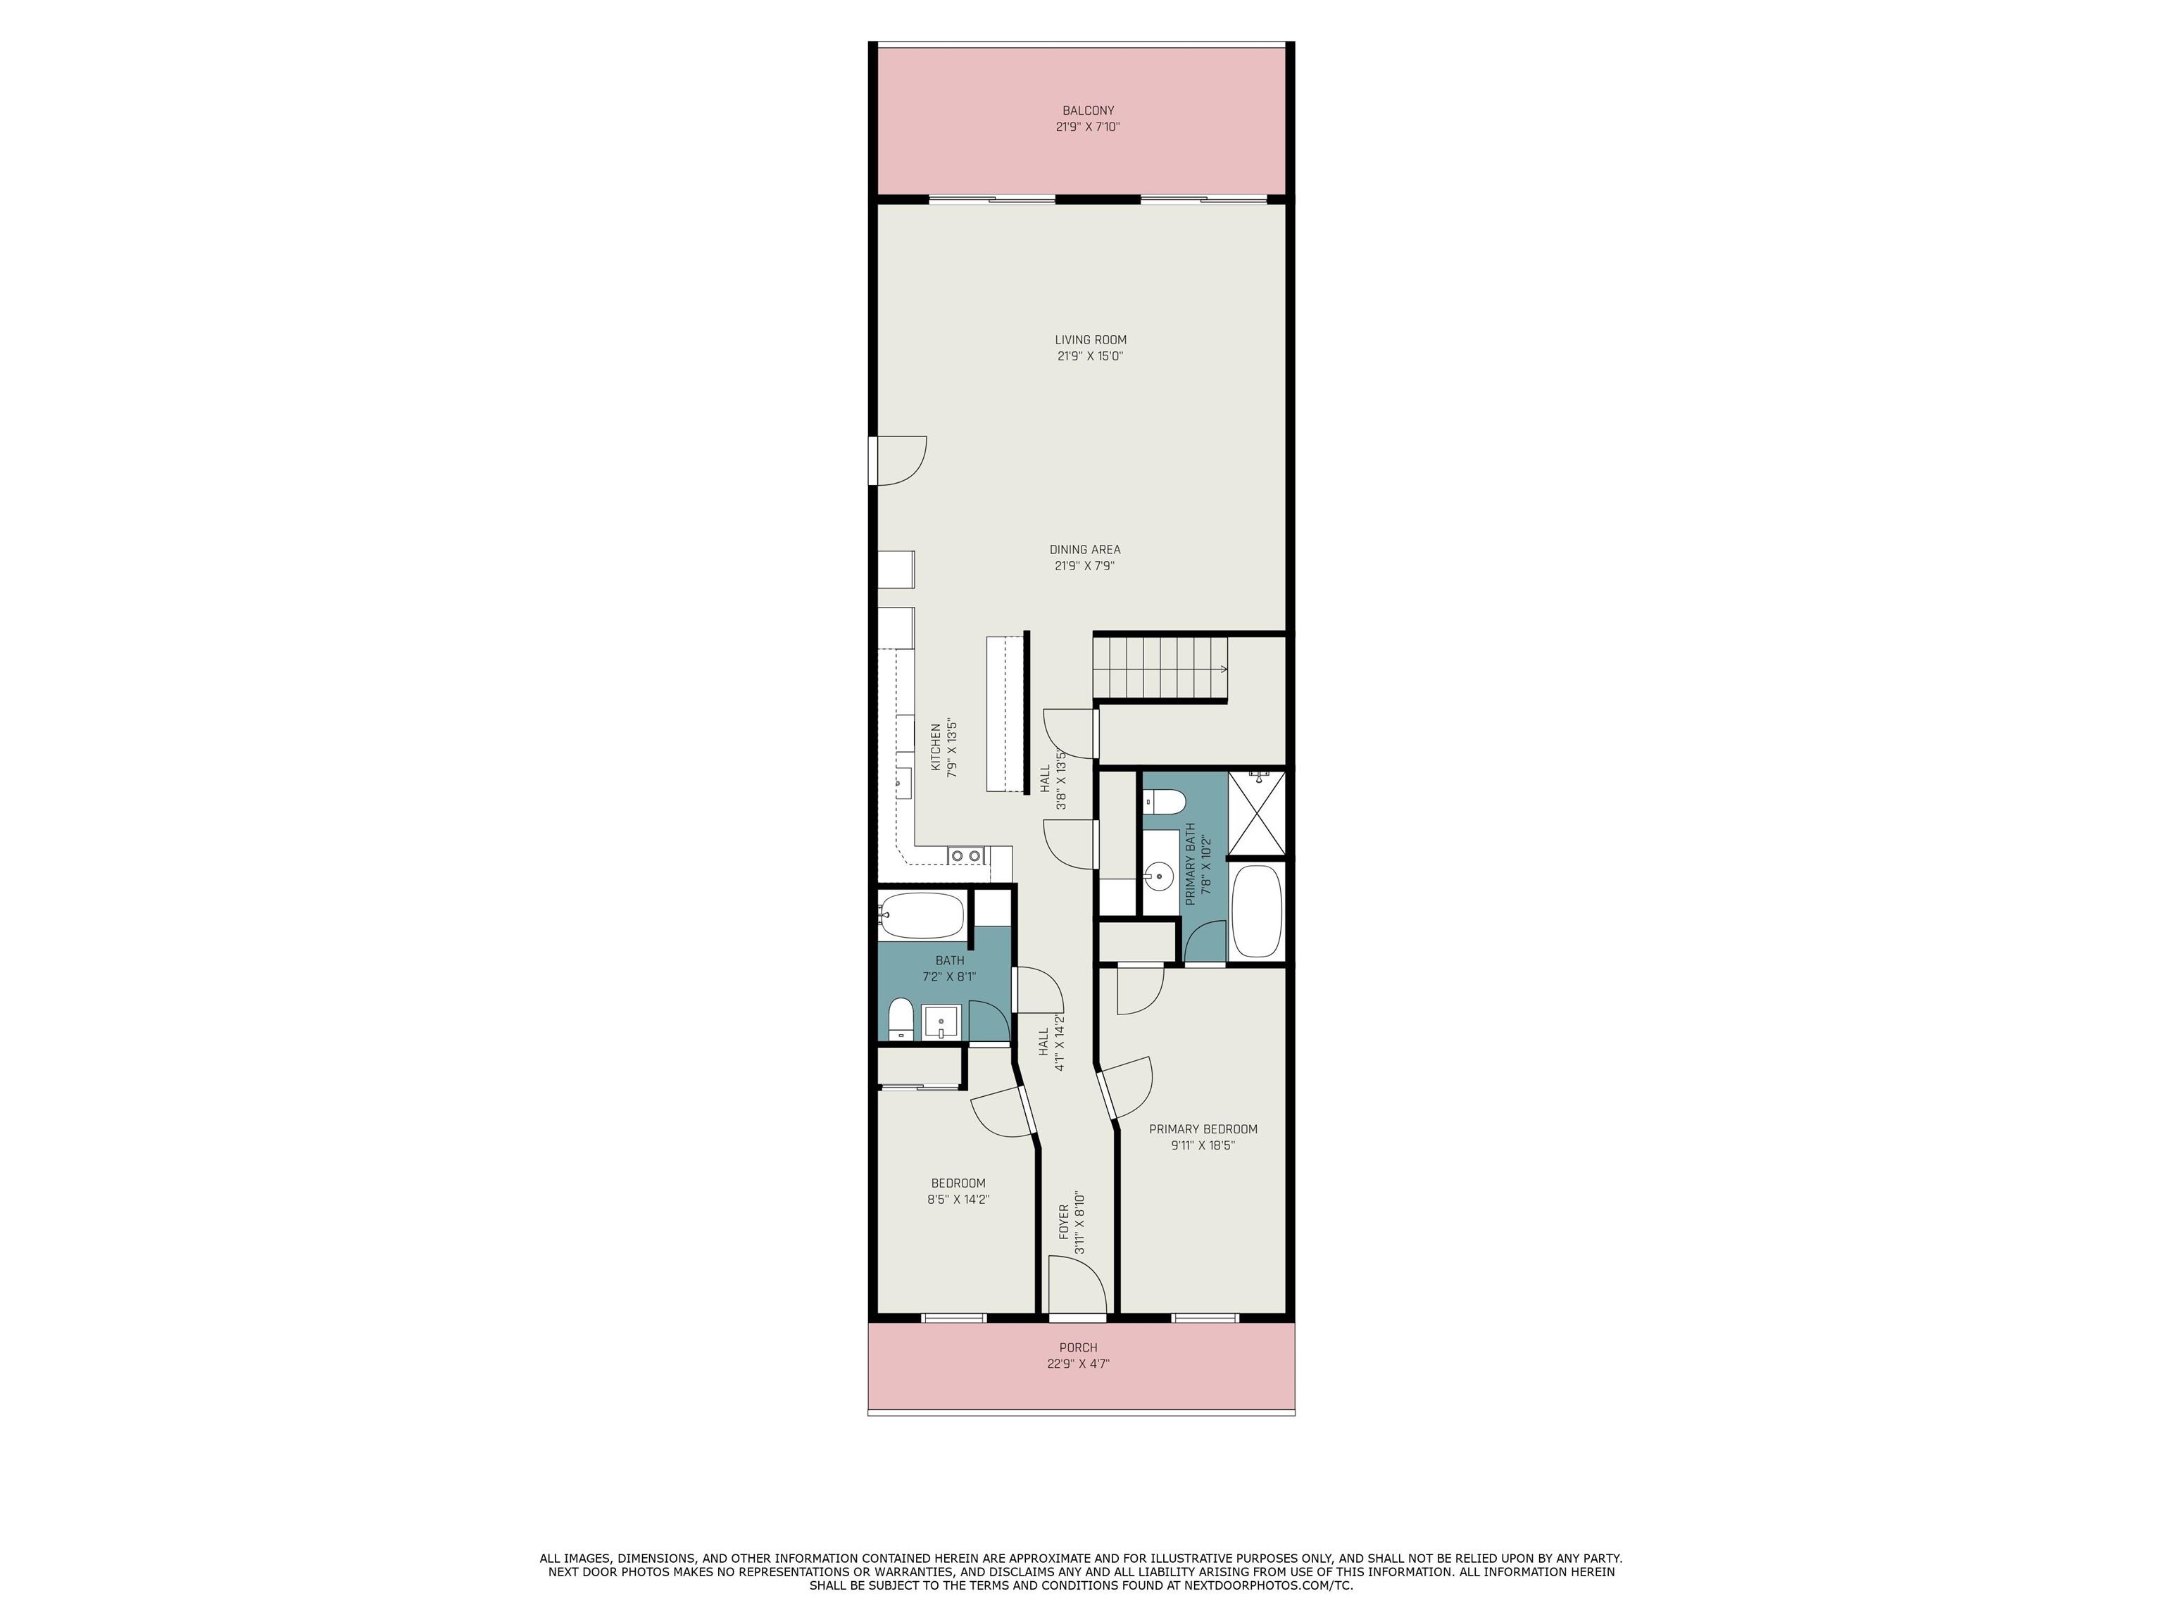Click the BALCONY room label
[1087, 111]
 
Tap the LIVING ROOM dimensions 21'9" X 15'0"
[1089, 356]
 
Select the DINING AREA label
[1084, 549]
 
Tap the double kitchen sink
[966, 855]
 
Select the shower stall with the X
[1255, 813]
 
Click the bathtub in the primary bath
[1255, 910]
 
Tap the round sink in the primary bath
[1160, 876]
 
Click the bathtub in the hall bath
[921, 916]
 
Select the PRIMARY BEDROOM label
[1203, 1129]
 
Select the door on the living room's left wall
[898, 460]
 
